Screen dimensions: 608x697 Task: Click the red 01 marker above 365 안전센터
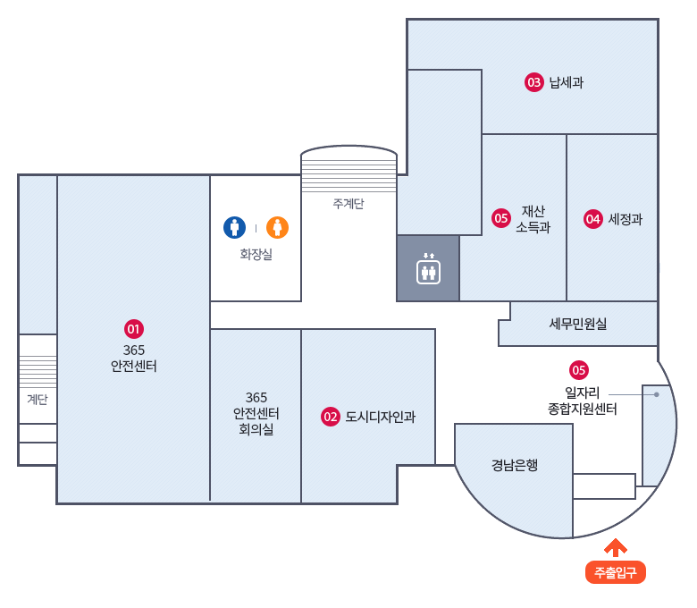(x=134, y=328)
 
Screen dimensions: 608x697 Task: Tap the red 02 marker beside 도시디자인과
(x=331, y=416)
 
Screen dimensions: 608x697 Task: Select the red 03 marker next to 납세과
(x=534, y=83)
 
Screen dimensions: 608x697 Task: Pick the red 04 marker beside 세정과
(x=593, y=218)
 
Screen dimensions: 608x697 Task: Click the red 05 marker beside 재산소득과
(x=501, y=217)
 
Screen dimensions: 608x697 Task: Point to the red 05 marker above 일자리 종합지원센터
(x=579, y=369)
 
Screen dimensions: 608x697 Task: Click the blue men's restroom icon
(x=234, y=227)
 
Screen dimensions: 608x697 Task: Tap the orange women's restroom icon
(x=278, y=227)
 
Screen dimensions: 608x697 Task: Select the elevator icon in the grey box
(x=428, y=268)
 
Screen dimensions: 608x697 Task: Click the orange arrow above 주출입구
(x=616, y=546)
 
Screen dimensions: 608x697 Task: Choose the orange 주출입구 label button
(x=616, y=572)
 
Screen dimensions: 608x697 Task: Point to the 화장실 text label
(x=256, y=255)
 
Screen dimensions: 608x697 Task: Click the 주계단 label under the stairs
(x=348, y=204)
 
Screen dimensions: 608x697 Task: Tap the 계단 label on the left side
(x=38, y=400)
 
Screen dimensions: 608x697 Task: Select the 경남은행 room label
(x=515, y=465)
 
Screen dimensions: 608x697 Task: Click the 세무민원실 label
(x=578, y=324)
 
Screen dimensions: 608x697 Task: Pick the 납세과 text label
(x=567, y=83)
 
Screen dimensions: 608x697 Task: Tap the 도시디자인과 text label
(x=381, y=416)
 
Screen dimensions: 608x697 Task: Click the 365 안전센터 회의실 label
(x=256, y=413)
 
